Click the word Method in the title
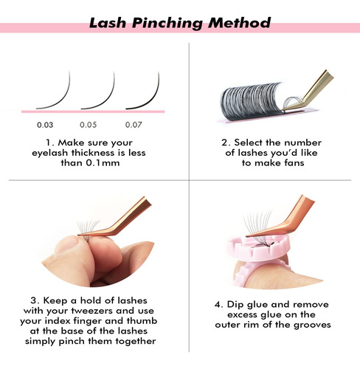pos(239,23)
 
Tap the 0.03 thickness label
pos(45,125)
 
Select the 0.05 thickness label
pos(89,125)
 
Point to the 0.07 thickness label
pos(134,125)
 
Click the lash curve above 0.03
pos(62,98)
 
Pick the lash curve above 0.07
pos(152,98)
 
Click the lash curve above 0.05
pos(107,98)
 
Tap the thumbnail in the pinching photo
pos(67,245)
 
